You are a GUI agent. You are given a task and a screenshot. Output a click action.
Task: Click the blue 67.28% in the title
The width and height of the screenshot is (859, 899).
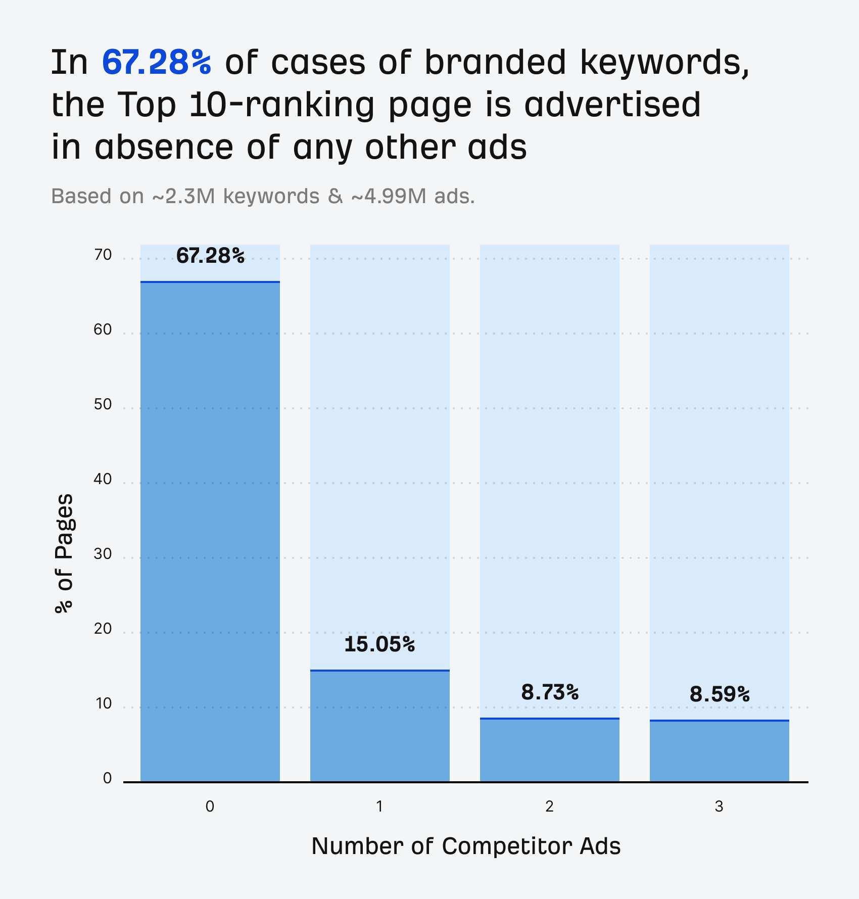tap(157, 63)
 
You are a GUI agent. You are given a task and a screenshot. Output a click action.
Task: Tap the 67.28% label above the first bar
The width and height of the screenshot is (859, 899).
tap(210, 256)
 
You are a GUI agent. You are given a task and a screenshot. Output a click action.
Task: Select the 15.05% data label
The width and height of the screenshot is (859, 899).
tap(379, 644)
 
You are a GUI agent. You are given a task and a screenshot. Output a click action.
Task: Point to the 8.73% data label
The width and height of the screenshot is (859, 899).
tap(550, 692)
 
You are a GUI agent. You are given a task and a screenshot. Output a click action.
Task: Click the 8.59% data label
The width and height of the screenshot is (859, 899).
tap(720, 694)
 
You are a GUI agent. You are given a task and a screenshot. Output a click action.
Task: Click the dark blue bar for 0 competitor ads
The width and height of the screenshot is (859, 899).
tap(210, 531)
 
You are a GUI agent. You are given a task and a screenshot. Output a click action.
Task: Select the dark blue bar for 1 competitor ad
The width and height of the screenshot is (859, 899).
tap(379, 726)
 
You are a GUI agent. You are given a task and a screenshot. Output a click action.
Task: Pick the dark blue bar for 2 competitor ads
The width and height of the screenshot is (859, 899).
tap(550, 750)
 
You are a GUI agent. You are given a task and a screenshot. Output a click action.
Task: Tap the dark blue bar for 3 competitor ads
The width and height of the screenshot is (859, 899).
tap(720, 751)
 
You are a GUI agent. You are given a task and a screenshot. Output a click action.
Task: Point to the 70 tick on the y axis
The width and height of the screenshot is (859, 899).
tap(103, 255)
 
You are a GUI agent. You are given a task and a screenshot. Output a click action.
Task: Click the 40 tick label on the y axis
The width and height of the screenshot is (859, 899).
tap(103, 479)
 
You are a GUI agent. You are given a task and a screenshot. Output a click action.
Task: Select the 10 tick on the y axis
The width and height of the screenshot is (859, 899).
tap(103, 703)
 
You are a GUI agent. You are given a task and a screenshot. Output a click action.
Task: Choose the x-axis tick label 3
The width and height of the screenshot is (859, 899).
tap(719, 807)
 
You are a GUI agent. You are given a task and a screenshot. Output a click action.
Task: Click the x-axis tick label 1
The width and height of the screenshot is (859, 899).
tap(379, 807)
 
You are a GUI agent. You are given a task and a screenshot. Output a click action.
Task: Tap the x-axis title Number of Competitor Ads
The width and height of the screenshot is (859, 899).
tap(466, 846)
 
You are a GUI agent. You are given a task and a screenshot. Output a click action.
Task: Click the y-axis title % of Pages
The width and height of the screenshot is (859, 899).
tap(64, 553)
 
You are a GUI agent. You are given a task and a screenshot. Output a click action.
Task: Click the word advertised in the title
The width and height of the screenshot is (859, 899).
tap(612, 105)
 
